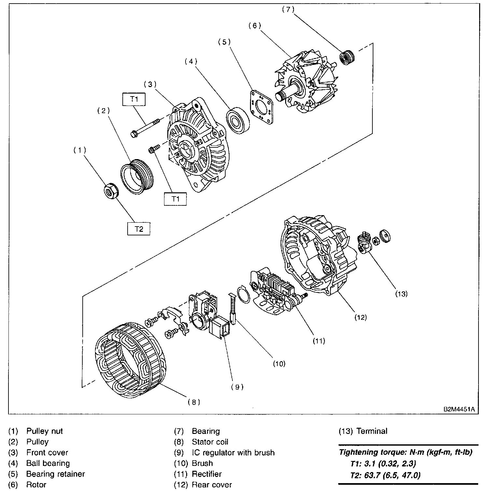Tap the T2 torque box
coord(139,229)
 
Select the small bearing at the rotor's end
coord(347,58)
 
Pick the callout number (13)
coord(401,294)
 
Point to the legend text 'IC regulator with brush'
coord(233,452)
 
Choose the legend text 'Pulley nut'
coord(45,431)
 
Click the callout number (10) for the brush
coord(279,363)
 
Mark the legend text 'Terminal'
coord(372,431)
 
